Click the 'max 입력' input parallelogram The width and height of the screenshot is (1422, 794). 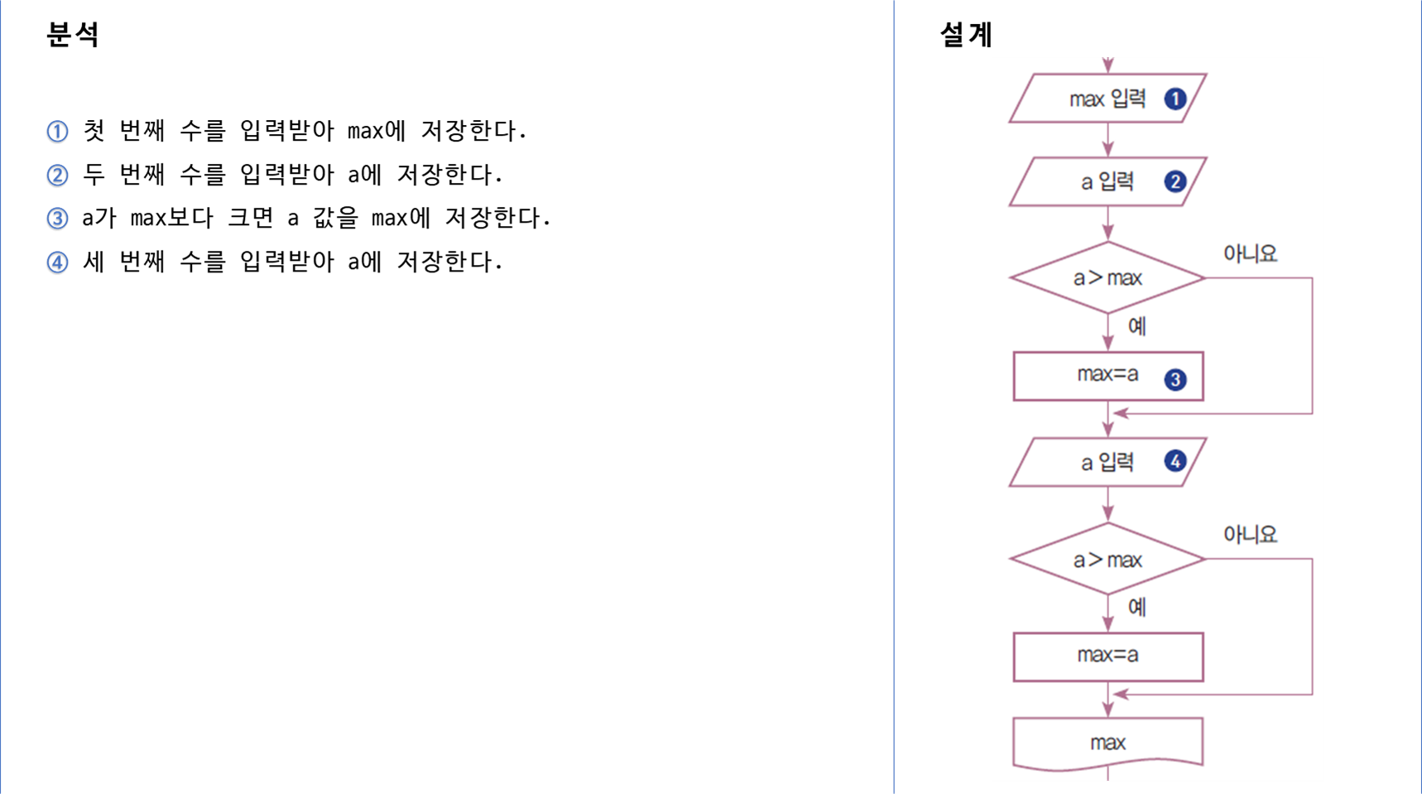point(1107,99)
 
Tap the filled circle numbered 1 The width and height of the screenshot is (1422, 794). point(1175,99)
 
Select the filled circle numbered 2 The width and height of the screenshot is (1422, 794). point(1175,181)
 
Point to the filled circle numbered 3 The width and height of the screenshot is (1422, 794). point(1175,379)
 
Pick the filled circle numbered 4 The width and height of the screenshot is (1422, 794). point(1175,461)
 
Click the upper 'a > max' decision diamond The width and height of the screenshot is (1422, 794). point(1107,278)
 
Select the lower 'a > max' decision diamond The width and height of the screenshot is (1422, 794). point(1107,560)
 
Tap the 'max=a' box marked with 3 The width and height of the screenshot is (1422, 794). point(1107,376)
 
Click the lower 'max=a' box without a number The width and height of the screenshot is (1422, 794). point(1107,657)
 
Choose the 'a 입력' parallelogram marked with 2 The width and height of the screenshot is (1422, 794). point(1107,181)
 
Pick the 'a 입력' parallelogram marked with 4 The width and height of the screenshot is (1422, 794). point(1107,462)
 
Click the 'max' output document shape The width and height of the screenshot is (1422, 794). point(1107,743)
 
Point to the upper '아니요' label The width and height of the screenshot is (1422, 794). point(1250,253)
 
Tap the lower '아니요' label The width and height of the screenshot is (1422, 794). point(1250,535)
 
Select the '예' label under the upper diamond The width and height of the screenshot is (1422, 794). point(1137,326)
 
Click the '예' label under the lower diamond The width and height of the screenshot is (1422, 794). point(1137,607)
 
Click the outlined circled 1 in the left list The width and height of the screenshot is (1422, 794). point(57,132)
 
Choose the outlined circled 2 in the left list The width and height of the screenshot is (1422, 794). point(57,176)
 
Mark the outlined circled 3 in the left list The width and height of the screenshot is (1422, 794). point(57,219)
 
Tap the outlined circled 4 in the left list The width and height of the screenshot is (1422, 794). point(57,263)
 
